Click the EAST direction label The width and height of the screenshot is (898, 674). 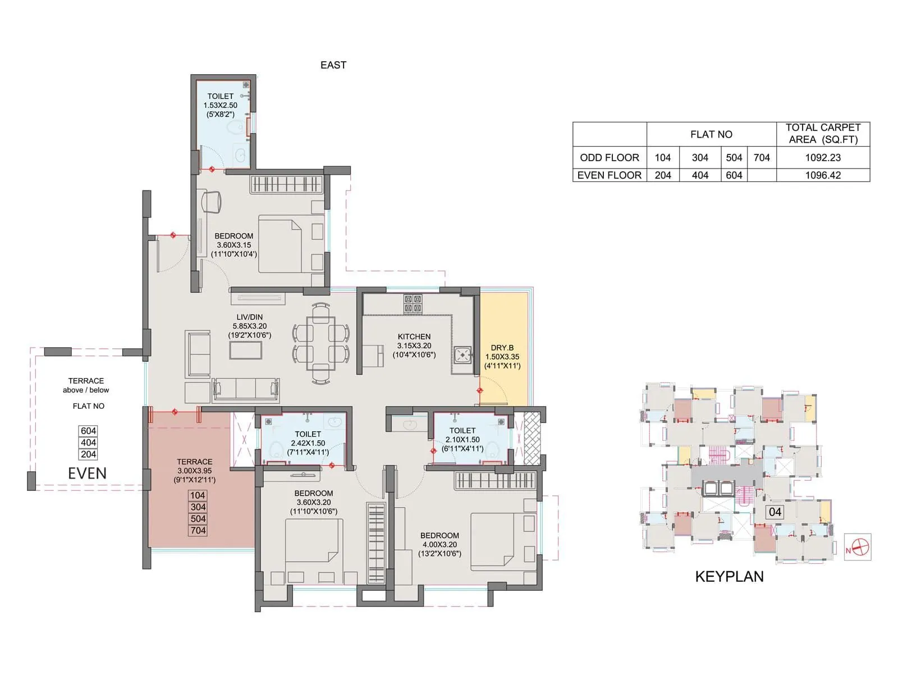pyautogui.click(x=333, y=65)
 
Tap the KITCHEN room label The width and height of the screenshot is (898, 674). pyautogui.click(x=414, y=337)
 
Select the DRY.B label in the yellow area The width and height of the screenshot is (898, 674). pyautogui.click(x=502, y=348)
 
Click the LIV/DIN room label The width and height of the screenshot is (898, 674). pyautogui.click(x=249, y=317)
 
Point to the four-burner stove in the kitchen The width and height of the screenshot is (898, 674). pyautogui.click(x=413, y=304)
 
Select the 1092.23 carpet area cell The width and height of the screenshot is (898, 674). pyautogui.click(x=823, y=158)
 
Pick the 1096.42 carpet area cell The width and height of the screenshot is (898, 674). pyautogui.click(x=823, y=175)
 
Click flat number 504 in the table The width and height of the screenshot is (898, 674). pyautogui.click(x=734, y=158)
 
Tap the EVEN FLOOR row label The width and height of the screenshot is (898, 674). pyautogui.click(x=609, y=175)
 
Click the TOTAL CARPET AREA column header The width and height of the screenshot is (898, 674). pyautogui.click(x=823, y=134)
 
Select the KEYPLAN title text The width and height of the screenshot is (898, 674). pyautogui.click(x=729, y=577)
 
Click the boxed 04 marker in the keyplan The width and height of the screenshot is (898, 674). pyautogui.click(x=775, y=512)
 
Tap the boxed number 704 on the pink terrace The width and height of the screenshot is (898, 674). pyautogui.click(x=198, y=530)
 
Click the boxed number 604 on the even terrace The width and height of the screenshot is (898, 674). pyautogui.click(x=88, y=431)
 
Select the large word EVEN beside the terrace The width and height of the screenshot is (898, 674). pyautogui.click(x=87, y=473)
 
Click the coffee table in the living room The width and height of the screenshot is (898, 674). pyautogui.click(x=245, y=350)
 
